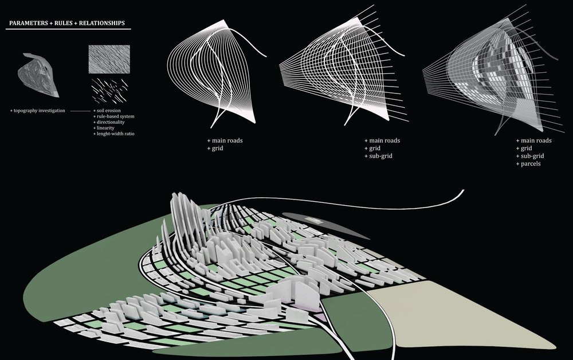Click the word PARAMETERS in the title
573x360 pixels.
pos(29,23)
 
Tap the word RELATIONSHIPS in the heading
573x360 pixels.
pos(102,23)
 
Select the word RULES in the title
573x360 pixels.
pos(64,23)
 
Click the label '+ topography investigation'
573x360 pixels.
pos(38,111)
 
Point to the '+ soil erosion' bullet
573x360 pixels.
pos(107,111)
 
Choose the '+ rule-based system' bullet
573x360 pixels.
pos(113,116)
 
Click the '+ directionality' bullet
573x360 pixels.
pos(109,122)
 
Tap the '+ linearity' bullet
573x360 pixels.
pos(104,128)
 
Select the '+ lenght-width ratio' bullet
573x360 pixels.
pos(113,134)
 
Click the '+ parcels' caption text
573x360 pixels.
pos(528,164)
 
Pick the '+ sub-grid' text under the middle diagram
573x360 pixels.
pos(378,156)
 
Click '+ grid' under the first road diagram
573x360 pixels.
pos(215,148)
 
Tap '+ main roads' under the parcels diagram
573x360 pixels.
pos(534,140)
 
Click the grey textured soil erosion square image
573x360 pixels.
pos(109,59)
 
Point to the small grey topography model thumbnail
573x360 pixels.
pos(38,75)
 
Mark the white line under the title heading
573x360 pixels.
pos(68,29)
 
